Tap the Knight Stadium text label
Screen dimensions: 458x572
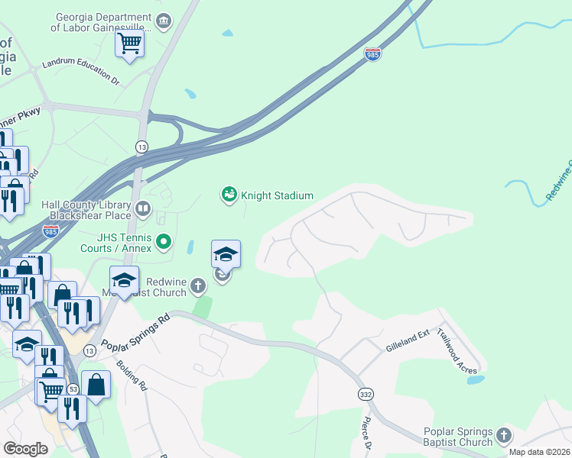[277, 195]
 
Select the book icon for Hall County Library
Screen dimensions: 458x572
[142, 209]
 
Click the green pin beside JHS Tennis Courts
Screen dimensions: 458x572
[164, 243]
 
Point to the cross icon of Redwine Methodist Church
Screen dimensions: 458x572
[198, 287]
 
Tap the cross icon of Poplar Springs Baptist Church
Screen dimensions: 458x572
[503, 436]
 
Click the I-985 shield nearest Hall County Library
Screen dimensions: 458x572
[50, 230]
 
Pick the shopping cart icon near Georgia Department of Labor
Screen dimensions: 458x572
[129, 43]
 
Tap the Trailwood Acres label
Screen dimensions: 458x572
[457, 351]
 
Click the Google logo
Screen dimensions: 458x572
[26, 448]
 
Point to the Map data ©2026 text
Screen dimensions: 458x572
[539, 452]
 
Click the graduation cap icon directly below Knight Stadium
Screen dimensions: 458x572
[226, 253]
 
